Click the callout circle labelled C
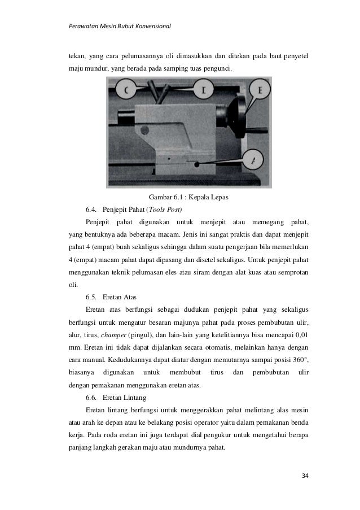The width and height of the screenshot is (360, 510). coord(125,90)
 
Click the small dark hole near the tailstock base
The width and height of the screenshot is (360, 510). coord(197,164)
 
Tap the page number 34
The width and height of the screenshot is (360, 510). coord(305,475)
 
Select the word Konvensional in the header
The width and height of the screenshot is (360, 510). coord(149,26)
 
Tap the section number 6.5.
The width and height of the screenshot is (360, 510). coord(93,297)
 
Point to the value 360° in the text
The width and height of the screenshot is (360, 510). coord(297,360)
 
